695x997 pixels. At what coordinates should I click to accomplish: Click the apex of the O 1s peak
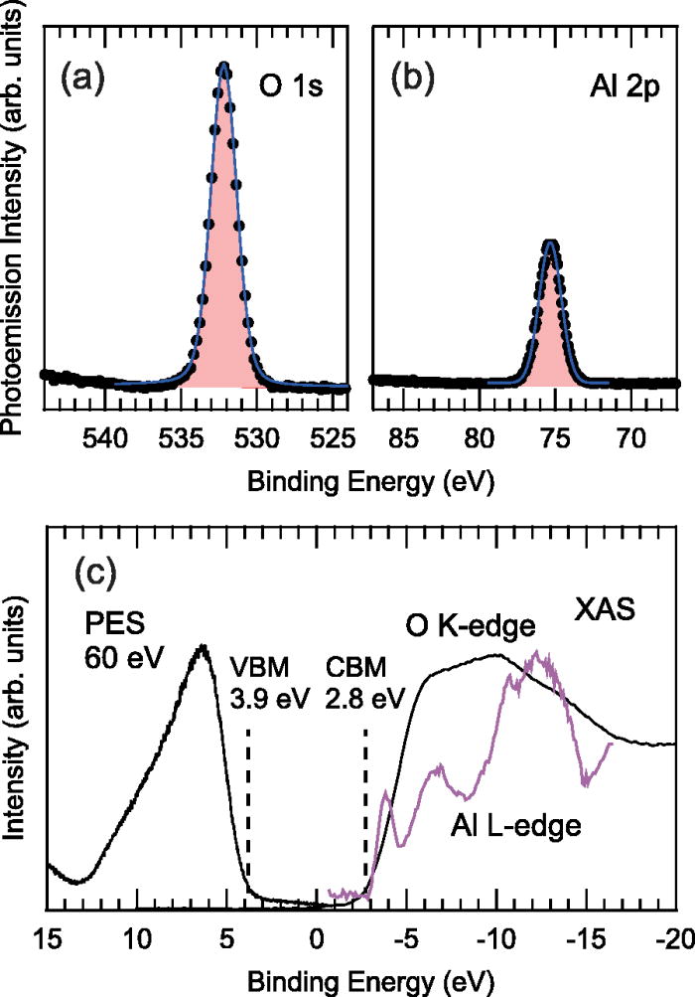[224, 68]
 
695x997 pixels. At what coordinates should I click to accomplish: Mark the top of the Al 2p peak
[550, 242]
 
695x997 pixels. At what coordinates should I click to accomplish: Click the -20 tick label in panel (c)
[672, 937]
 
